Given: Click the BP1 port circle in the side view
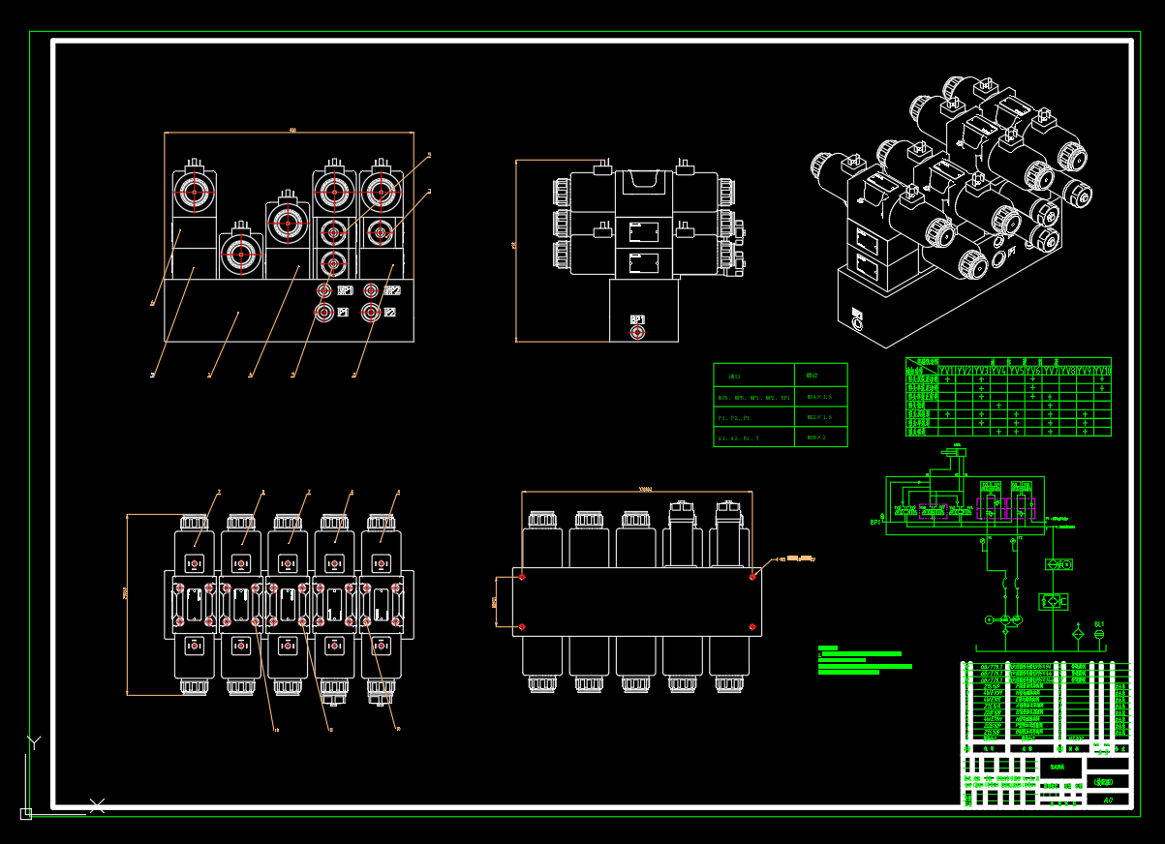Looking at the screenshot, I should click(636, 333).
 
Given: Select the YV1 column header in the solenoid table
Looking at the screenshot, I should click(947, 371).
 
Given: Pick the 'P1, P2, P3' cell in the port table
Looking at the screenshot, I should click(733, 417).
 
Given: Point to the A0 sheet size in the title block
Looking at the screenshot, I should click(1108, 799).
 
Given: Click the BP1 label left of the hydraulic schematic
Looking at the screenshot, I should click(875, 523).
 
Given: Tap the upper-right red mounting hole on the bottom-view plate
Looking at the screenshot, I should click(753, 577).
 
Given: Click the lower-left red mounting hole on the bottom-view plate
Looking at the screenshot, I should click(522, 627).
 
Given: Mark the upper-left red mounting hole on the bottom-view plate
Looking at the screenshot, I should click(522, 577).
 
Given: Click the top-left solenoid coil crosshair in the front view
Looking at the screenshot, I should click(194, 192).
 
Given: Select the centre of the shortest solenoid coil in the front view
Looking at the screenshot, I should click(240, 255).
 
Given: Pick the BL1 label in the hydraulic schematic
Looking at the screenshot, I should click(1099, 624).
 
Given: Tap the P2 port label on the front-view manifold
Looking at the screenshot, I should click(389, 313).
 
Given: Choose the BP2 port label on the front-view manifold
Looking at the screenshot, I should click(392, 290).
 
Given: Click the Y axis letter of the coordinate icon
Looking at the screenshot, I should click(34, 742).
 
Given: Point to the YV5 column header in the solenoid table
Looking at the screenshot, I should click(1016, 371).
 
